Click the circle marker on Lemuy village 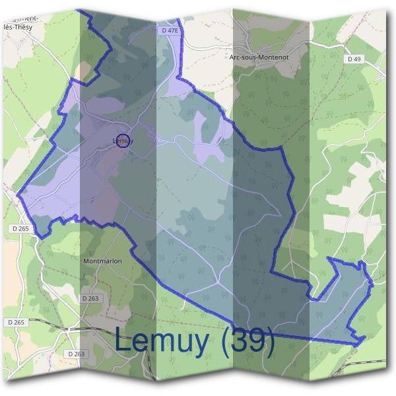123,140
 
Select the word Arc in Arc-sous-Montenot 235,57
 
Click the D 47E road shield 170,30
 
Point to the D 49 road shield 354,59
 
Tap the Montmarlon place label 102,261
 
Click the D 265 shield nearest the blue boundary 21,228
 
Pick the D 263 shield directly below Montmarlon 90,298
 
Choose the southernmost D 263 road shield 76,354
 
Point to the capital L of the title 124,341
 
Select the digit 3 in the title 240,341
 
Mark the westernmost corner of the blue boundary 18,195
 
